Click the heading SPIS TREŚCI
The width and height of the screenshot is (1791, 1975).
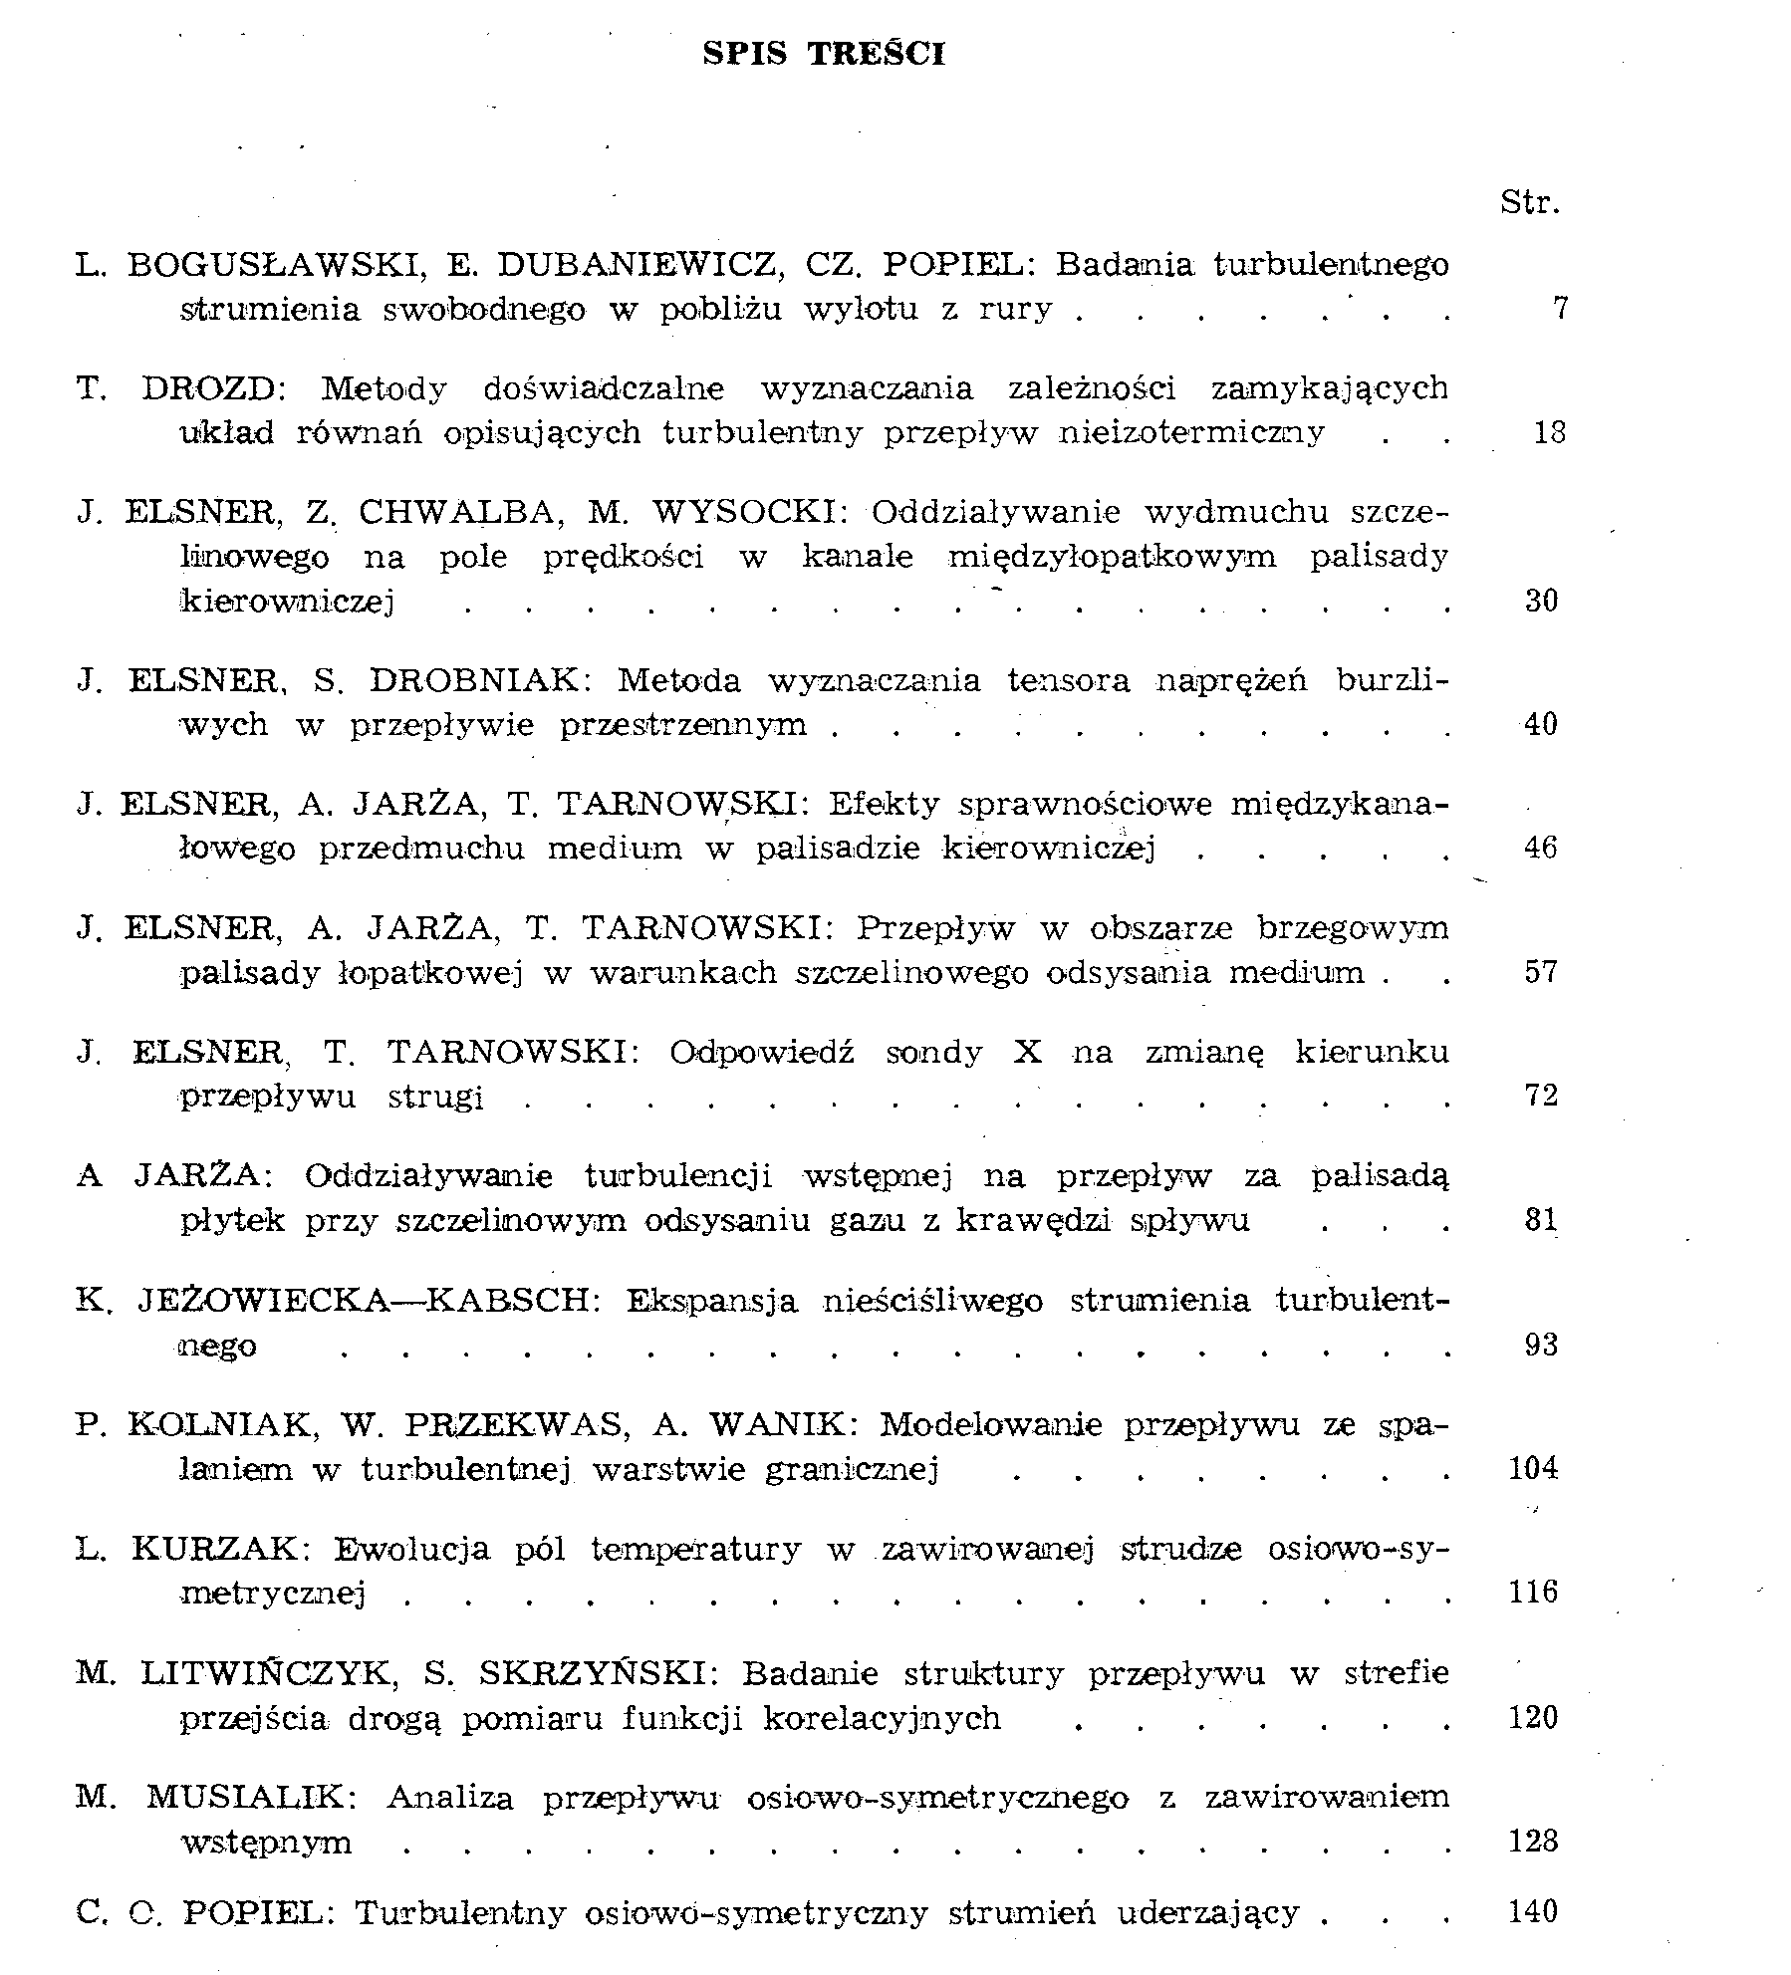coord(824,53)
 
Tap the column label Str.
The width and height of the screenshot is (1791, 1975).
coord(1529,203)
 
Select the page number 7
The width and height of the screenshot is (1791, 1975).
coord(1560,309)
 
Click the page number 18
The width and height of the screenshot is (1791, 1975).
coord(1549,432)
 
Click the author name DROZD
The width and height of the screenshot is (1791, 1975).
coord(212,388)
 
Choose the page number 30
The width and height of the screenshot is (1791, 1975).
coord(1540,601)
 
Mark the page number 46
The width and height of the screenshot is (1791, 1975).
coord(1540,848)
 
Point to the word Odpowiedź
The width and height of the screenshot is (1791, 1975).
coord(761,1052)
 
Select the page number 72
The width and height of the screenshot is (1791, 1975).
coord(1540,1096)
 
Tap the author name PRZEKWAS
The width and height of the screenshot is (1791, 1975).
coord(516,1425)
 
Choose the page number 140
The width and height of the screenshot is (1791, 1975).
coord(1532,1911)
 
